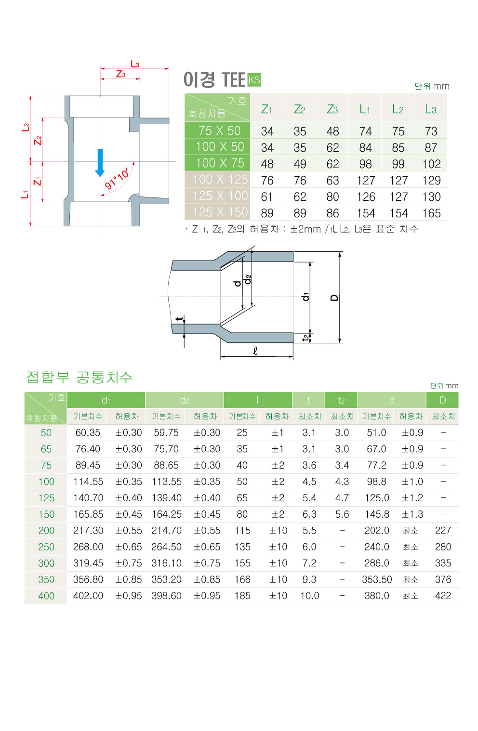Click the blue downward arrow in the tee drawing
pos(100,162)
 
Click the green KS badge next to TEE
pos(254,80)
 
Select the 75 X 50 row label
pos(219,131)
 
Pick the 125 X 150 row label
pos(220,212)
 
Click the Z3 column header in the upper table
pos(332,109)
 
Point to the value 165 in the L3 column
pos(431,213)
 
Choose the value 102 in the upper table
pos(431,164)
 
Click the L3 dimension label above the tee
pos(135,64)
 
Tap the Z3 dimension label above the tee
pos(120,74)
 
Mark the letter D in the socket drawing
pos(334,298)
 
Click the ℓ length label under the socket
pos(255,351)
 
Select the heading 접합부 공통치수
pos(80,377)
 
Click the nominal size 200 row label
pos(46,531)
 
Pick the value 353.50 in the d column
pos(377,580)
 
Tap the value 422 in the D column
pos(443,596)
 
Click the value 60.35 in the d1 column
pos(88,433)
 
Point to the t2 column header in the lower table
pos(341,400)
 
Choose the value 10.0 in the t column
pos(309,596)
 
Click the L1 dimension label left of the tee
pos(25,194)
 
